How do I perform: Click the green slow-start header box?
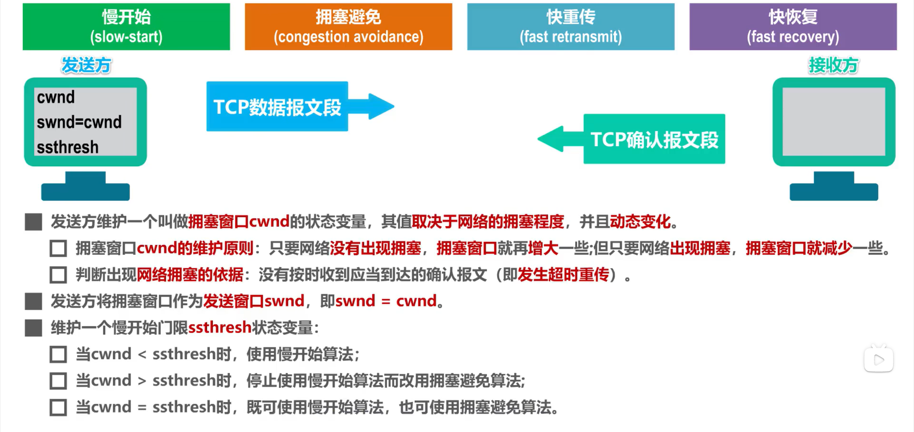[x=126, y=27]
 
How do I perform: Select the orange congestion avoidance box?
[x=348, y=27]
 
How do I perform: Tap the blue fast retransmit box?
[x=571, y=27]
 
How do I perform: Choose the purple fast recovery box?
[x=793, y=27]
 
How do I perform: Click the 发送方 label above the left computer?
[x=86, y=65]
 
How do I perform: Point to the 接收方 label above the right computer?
[x=834, y=65]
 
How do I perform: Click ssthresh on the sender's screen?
[x=68, y=147]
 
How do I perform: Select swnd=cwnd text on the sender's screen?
[x=79, y=122]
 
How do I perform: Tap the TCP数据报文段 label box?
[x=277, y=107]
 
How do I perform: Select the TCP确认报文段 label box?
[x=654, y=139]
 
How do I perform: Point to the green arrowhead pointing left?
[x=552, y=139]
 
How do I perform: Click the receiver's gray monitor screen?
[x=834, y=121]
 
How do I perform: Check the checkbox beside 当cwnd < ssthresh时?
[x=58, y=354]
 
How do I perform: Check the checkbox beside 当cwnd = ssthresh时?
[x=58, y=408]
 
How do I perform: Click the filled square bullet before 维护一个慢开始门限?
[x=33, y=328]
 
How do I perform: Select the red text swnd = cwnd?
[x=386, y=301]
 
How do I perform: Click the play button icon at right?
[x=878, y=360]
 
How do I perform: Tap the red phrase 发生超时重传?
[x=563, y=275]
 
